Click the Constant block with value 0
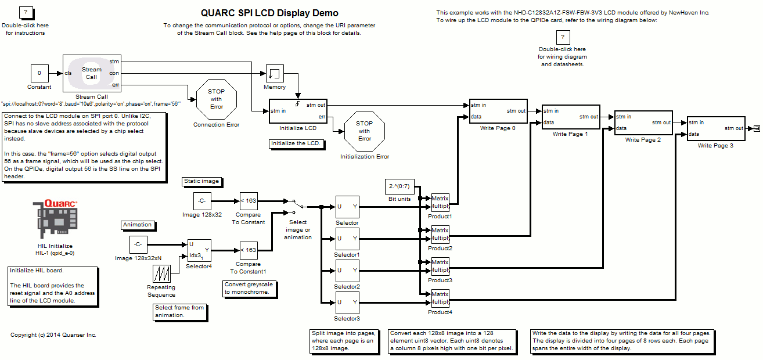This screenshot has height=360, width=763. pyautogui.click(x=39, y=73)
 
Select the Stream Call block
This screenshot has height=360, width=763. pyautogui.click(x=92, y=73)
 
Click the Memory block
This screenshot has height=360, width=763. pyautogui.click(x=275, y=73)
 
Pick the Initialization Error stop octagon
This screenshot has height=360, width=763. pyautogui.click(x=364, y=131)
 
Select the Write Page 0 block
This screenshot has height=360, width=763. pyautogui.click(x=498, y=111)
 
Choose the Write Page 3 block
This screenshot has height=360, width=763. pyautogui.click(x=715, y=128)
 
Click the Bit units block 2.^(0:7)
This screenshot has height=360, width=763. pyautogui.click(x=399, y=187)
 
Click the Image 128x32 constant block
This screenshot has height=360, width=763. pyautogui.click(x=201, y=201)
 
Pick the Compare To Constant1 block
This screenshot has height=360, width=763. pyautogui.click(x=248, y=250)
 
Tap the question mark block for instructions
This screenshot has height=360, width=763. pyautogui.click(x=26, y=13)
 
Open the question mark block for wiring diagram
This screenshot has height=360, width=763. pyautogui.click(x=562, y=38)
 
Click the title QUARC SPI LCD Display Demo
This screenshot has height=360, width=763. pyautogui.click(x=269, y=13)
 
